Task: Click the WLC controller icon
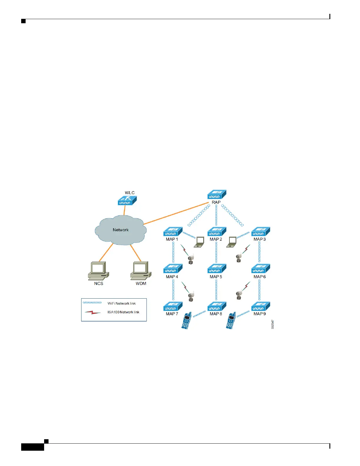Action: tap(127, 201)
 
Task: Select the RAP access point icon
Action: tap(217, 194)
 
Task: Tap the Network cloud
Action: tap(121, 230)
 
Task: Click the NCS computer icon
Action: tap(99, 270)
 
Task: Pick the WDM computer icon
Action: tap(141, 270)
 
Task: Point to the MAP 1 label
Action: tap(172, 239)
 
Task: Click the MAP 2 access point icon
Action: tap(217, 232)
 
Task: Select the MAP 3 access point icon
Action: tap(261, 232)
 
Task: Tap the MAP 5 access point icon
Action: tap(217, 269)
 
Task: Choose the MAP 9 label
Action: tap(260, 314)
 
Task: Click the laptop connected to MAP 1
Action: tap(199, 242)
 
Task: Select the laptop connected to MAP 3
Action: tap(232, 242)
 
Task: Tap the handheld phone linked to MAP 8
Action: tap(187, 320)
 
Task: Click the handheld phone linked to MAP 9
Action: tap(231, 320)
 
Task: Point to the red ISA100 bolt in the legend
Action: tap(92, 312)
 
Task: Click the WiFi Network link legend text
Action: tap(121, 304)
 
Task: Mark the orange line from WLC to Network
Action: tap(124, 210)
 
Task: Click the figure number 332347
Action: tap(273, 324)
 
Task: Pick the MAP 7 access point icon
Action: tap(173, 306)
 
